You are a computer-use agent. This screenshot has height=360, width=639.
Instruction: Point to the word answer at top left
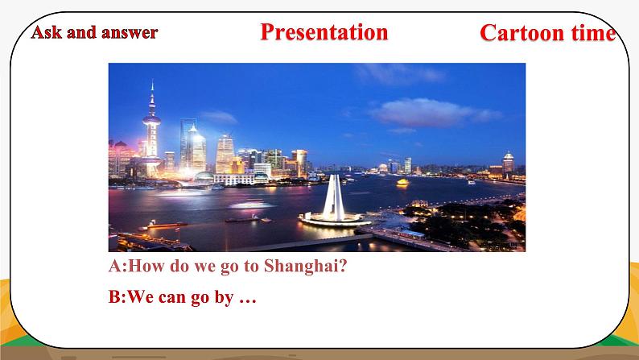(129, 32)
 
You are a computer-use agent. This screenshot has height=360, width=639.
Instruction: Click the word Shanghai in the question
(306, 267)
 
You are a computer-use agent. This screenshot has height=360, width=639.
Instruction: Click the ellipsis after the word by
(248, 297)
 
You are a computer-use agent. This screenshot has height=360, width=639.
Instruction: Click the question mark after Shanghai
(343, 267)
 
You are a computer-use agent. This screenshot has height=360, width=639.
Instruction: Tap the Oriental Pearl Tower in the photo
(151, 129)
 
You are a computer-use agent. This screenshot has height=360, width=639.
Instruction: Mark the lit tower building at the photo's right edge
(508, 164)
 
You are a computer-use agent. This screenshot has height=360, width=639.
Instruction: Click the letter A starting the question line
(113, 267)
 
